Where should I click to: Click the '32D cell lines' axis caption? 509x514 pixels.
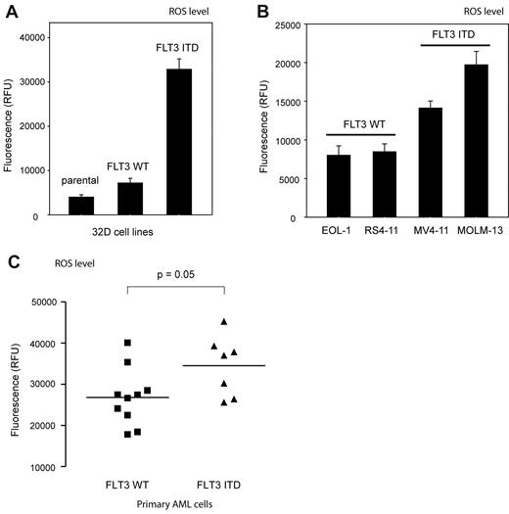click(x=128, y=242)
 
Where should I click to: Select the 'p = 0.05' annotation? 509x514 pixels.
click(x=176, y=276)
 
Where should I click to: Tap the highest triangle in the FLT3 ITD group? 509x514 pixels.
click(x=224, y=322)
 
